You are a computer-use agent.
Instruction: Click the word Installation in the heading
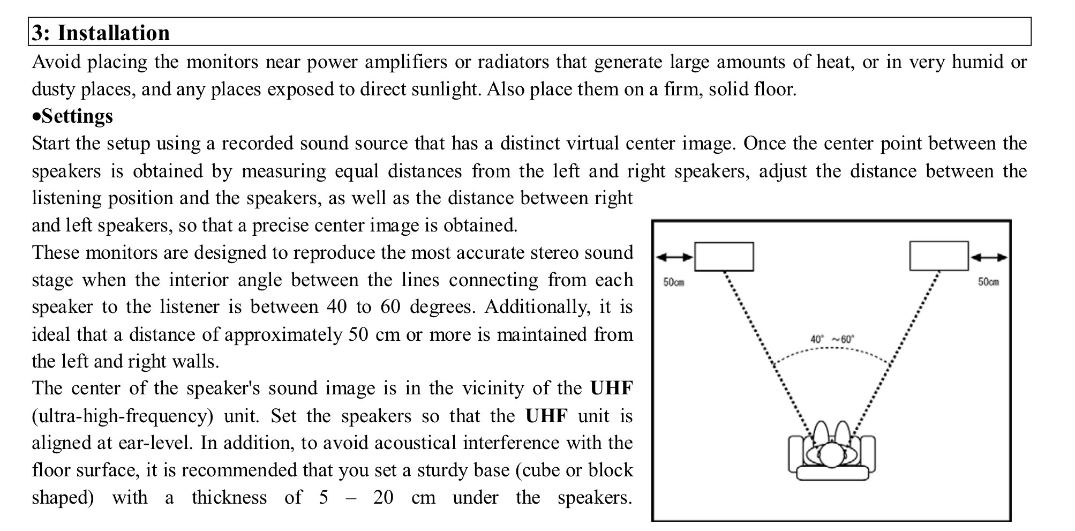point(114,33)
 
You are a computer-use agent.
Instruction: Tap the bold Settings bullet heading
point(77,116)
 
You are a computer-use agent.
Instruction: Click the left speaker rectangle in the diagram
point(724,257)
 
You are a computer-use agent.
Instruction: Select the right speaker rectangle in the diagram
point(938,256)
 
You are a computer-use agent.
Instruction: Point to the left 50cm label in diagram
point(673,282)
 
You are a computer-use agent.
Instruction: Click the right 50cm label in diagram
point(988,282)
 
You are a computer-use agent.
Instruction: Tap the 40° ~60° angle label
point(832,339)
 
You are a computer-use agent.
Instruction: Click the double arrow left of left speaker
point(674,257)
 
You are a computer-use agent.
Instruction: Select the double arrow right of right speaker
point(989,257)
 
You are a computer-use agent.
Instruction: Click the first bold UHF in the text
point(611,388)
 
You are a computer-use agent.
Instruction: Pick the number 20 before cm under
point(383,498)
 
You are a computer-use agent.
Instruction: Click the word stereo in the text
point(554,252)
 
